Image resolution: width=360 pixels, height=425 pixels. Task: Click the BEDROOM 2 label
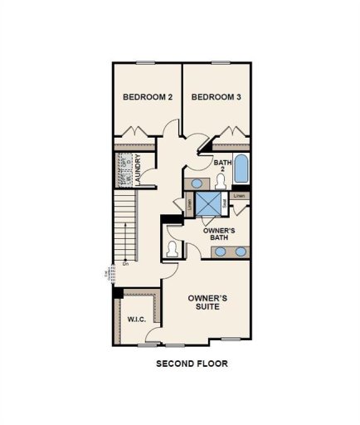point(147,97)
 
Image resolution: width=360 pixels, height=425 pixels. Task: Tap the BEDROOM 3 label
point(216,97)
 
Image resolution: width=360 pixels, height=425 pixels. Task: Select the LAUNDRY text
point(139,169)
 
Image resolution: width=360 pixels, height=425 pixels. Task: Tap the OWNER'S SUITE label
point(207,301)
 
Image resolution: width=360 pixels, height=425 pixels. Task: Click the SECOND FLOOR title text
point(192,364)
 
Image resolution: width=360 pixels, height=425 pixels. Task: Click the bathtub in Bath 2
point(241,171)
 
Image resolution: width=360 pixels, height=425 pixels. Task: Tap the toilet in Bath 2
point(221,183)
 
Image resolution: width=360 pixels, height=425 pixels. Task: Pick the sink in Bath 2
point(196,183)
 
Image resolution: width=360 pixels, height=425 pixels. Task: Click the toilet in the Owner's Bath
point(173,248)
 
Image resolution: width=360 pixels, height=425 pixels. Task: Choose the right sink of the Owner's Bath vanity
point(241,252)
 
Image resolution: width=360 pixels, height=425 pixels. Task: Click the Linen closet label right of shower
point(239,196)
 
